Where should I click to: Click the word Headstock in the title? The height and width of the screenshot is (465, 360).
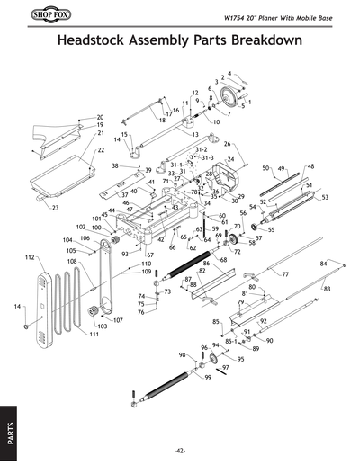coord(96,42)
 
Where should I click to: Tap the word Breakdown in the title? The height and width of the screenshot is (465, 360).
coord(260,42)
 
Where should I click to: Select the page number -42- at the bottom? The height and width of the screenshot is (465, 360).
coord(180,450)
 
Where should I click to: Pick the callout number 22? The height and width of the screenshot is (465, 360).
coord(101,150)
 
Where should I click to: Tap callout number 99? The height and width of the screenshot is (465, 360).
coord(208,378)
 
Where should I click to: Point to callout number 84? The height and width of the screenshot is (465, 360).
coord(324,262)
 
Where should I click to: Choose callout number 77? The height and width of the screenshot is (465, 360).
coord(285,273)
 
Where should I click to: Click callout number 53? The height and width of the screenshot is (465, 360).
coord(325,197)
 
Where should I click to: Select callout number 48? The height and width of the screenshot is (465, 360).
coord(310,166)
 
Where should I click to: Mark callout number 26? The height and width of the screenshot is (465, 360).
coord(228,144)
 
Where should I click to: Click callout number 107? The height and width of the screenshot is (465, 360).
coord(118,319)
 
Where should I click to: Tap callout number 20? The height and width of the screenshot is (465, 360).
coord(100,117)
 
